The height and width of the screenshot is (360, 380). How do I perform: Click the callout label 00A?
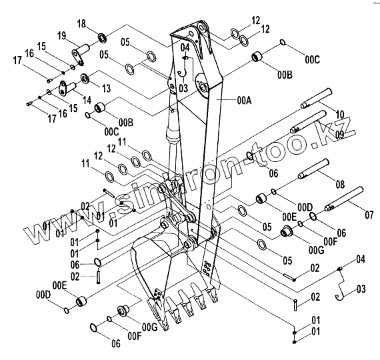pos(244,101)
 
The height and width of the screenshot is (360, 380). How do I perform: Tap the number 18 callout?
pos(81,24)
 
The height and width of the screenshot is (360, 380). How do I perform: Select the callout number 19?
pos(62,36)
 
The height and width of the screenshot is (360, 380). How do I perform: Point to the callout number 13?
pos(107,88)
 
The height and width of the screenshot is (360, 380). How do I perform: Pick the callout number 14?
pos(87,100)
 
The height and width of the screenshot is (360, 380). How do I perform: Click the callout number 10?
pos(340,114)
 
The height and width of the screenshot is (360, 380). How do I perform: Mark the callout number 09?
pos(339,135)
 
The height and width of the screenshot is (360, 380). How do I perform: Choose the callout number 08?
pos(340,184)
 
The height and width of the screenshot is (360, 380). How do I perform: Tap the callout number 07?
pos(369,215)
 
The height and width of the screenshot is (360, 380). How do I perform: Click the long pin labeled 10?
pos(316,98)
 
